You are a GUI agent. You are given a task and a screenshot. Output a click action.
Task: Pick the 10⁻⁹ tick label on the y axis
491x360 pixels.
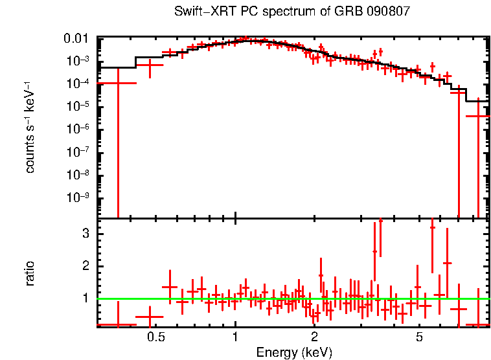80,197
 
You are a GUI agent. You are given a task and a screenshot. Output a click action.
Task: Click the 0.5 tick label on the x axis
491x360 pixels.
155,337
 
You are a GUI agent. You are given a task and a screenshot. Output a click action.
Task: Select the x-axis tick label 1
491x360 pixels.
235,337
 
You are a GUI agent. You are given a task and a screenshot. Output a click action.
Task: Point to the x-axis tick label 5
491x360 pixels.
420,337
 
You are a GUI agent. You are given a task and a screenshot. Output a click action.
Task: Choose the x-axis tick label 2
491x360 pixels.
314,337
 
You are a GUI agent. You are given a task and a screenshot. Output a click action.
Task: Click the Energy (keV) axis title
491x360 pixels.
294,352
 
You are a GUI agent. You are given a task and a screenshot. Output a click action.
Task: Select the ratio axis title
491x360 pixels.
30,274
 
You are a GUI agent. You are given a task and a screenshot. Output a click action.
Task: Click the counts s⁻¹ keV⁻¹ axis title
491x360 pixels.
30,126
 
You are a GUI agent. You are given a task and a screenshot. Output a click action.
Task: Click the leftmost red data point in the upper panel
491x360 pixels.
118,83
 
